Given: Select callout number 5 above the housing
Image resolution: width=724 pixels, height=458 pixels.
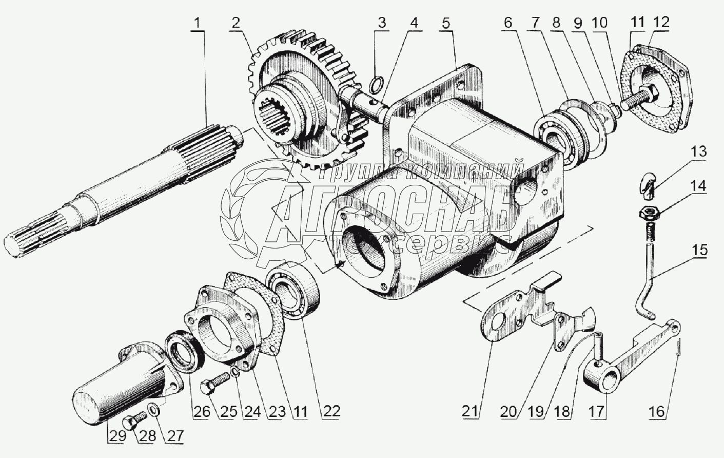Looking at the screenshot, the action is (x=447, y=23).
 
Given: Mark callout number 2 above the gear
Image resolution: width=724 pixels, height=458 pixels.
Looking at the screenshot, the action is (x=235, y=23).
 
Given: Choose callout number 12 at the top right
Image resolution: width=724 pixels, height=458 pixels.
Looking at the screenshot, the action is (x=661, y=23).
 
